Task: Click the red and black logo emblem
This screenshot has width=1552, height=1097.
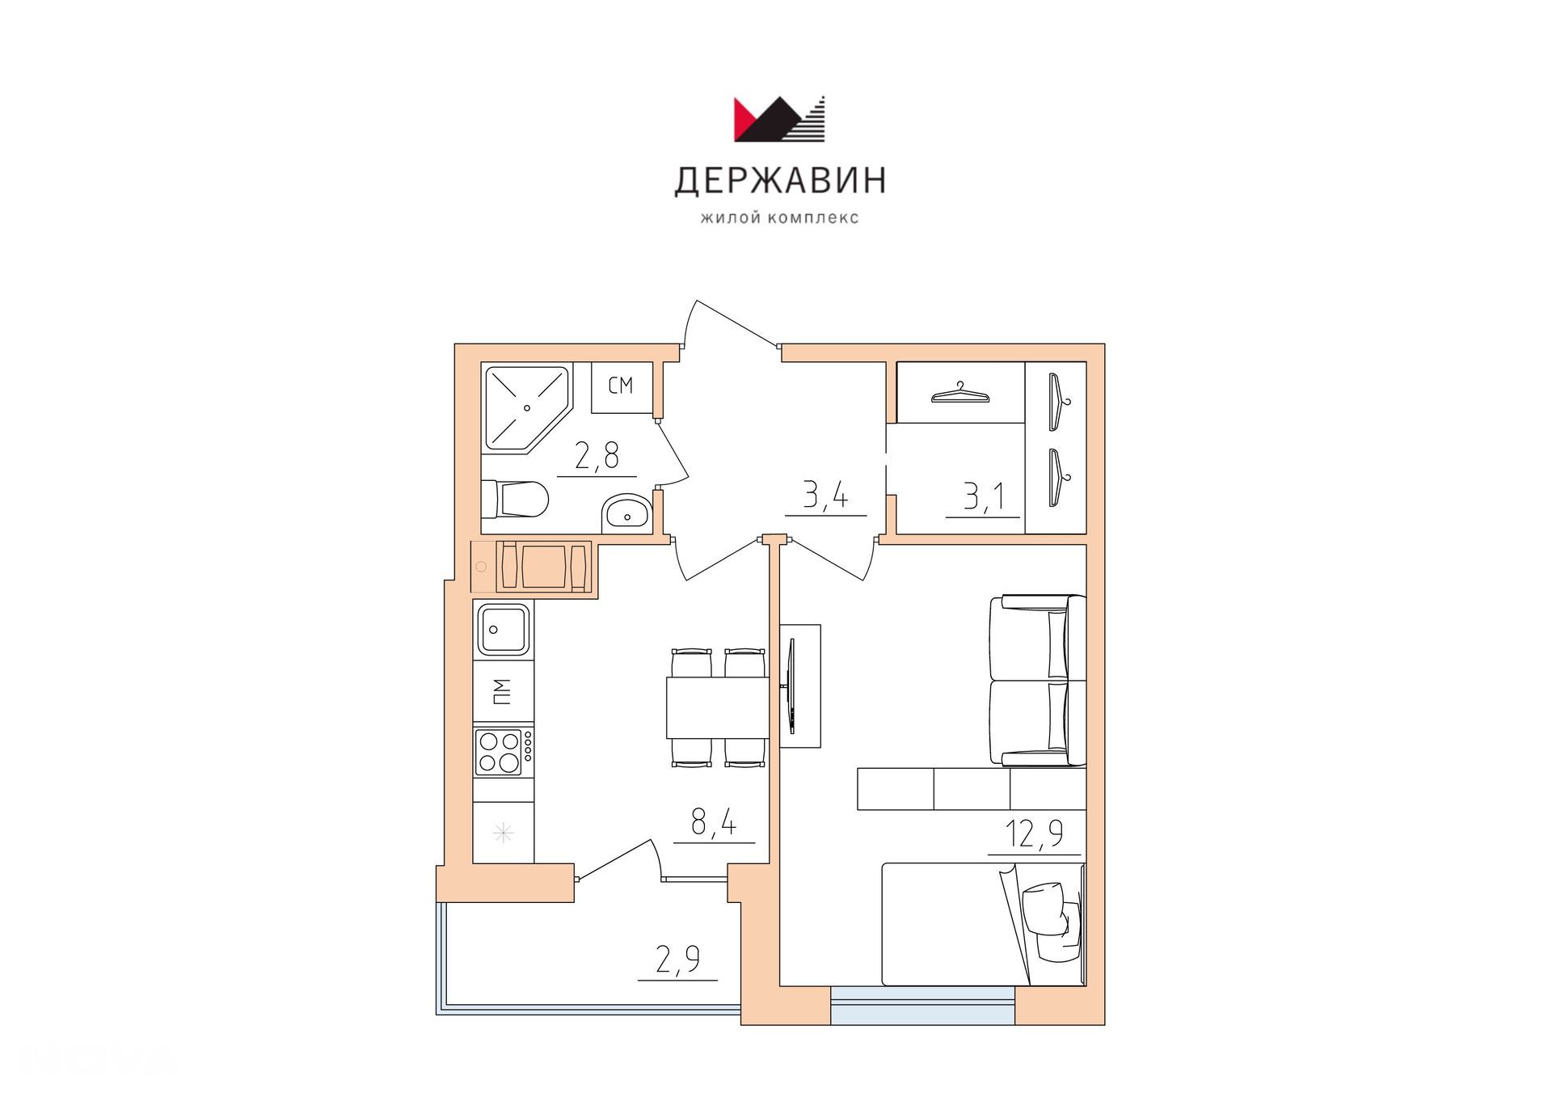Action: (x=781, y=119)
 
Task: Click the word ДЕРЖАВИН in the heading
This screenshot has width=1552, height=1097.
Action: (x=780, y=181)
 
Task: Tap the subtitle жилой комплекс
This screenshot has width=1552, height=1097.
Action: (x=780, y=217)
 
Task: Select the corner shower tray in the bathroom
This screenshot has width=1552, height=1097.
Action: (x=525, y=407)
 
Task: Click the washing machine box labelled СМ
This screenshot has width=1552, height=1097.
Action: (x=621, y=386)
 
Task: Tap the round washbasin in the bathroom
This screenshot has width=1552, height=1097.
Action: (x=626, y=511)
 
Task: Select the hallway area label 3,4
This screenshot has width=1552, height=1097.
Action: (x=825, y=494)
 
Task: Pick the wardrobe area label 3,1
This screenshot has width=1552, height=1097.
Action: (x=983, y=496)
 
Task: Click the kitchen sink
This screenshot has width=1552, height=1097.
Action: (x=503, y=629)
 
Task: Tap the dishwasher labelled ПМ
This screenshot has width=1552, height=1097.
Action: (x=503, y=691)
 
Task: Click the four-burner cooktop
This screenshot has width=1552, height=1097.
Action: (x=503, y=752)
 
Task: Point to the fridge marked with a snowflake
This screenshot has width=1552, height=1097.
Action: (x=503, y=833)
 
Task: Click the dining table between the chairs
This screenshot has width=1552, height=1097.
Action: (x=717, y=707)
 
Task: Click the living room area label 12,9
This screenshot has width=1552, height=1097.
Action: (x=1034, y=833)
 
